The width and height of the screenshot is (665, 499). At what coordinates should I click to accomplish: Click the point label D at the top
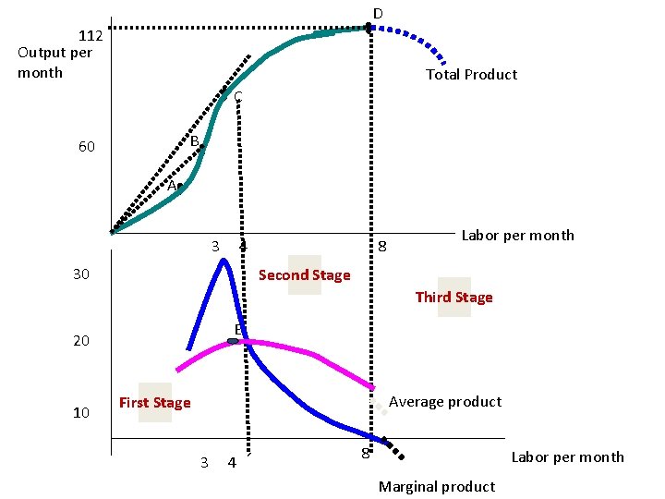(x=378, y=13)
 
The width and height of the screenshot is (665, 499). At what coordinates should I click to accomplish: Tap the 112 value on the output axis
(x=91, y=37)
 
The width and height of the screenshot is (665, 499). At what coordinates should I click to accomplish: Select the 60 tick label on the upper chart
(x=87, y=148)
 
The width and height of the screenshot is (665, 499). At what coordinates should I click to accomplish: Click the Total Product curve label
(x=471, y=75)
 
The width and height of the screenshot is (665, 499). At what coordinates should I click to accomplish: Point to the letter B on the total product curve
(x=195, y=141)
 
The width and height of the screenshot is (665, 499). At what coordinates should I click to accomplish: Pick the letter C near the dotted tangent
(x=237, y=97)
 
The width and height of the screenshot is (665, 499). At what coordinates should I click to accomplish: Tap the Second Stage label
(x=304, y=275)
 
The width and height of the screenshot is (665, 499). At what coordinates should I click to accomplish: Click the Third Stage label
(x=453, y=298)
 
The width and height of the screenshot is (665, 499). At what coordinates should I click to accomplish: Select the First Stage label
(x=154, y=403)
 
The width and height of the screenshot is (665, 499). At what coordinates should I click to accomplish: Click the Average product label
(x=445, y=402)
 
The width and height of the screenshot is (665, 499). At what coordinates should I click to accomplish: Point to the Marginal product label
(x=437, y=487)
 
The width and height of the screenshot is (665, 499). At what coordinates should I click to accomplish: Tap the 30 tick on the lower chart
(x=82, y=275)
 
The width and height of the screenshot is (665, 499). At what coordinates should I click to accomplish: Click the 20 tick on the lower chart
(x=82, y=341)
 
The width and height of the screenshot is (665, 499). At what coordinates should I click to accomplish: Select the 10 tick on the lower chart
(x=82, y=413)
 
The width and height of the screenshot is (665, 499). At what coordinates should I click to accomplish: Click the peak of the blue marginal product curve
(x=224, y=261)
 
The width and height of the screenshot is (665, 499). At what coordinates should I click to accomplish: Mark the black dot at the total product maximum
(x=369, y=28)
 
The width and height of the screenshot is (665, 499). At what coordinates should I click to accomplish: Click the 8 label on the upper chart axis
(x=381, y=247)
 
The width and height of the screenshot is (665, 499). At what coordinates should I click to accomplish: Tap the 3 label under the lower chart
(x=204, y=462)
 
